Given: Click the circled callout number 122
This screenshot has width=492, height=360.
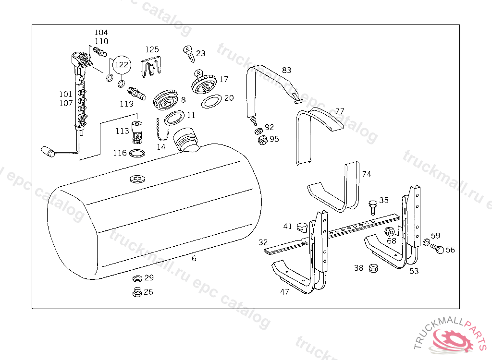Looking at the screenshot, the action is (x=122, y=64).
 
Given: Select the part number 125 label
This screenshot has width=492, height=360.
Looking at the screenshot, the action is (x=152, y=49).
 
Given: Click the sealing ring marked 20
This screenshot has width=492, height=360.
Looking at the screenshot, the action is (x=211, y=101).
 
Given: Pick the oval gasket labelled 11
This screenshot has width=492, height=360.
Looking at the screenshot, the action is (x=175, y=118).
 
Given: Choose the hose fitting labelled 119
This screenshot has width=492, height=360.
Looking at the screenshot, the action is (x=136, y=93).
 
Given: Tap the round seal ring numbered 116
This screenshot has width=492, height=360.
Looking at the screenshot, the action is (x=137, y=153).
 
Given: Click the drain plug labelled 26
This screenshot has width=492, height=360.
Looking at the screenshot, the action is (x=136, y=291).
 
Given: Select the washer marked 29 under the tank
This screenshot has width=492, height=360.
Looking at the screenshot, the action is (x=136, y=278).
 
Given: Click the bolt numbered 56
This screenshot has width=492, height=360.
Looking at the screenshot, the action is (x=436, y=249).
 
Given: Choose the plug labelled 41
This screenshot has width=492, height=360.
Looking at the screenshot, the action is (x=302, y=226).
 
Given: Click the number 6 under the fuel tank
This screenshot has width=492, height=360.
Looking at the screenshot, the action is (x=194, y=258).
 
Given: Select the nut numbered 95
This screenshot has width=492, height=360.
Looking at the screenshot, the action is (x=262, y=140).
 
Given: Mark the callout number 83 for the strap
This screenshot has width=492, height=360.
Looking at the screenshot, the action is (x=286, y=70).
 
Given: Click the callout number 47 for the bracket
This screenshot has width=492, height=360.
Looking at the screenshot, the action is (x=284, y=291).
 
